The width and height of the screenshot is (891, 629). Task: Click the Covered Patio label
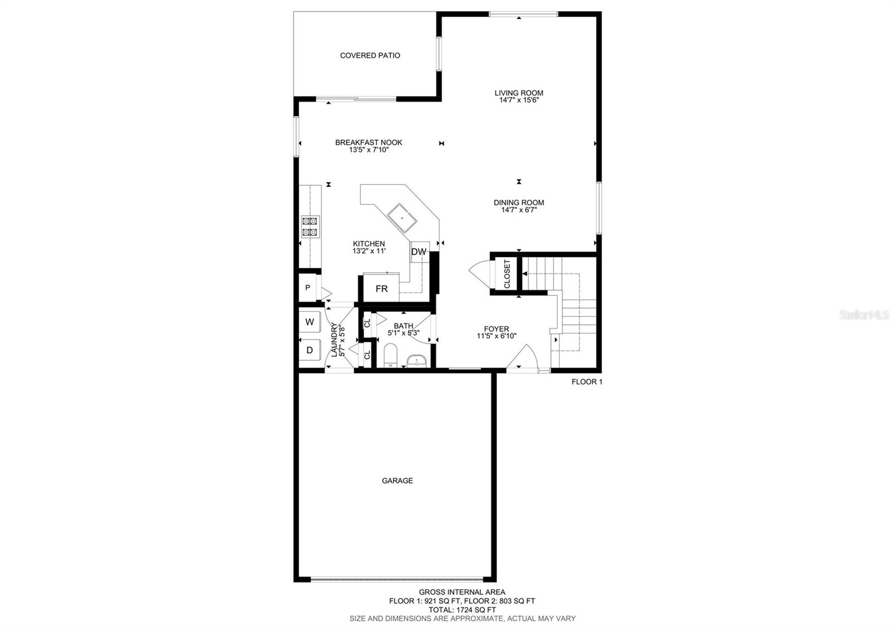[x=370, y=56]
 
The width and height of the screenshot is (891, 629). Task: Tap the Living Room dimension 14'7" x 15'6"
[x=518, y=101]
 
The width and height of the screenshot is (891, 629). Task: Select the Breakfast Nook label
[x=368, y=142]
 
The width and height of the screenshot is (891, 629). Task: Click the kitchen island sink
[x=402, y=217]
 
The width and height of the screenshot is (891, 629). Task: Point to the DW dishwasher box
[x=419, y=252]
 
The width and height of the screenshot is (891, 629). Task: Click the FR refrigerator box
[x=381, y=289]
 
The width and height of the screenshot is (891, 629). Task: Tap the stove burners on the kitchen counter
[x=310, y=227]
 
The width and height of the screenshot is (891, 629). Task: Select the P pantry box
[x=307, y=288]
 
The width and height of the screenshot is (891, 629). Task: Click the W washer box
[x=310, y=322]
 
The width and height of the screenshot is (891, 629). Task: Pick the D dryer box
[x=310, y=350]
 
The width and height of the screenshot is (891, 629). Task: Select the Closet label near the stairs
[x=507, y=273]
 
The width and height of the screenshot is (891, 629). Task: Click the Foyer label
[x=496, y=329]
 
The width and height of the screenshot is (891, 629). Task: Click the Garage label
[x=397, y=480]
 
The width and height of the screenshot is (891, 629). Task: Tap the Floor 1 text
[x=586, y=382]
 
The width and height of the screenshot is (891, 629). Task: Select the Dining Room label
[x=518, y=203]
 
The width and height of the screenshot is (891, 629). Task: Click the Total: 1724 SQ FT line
[x=462, y=610]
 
